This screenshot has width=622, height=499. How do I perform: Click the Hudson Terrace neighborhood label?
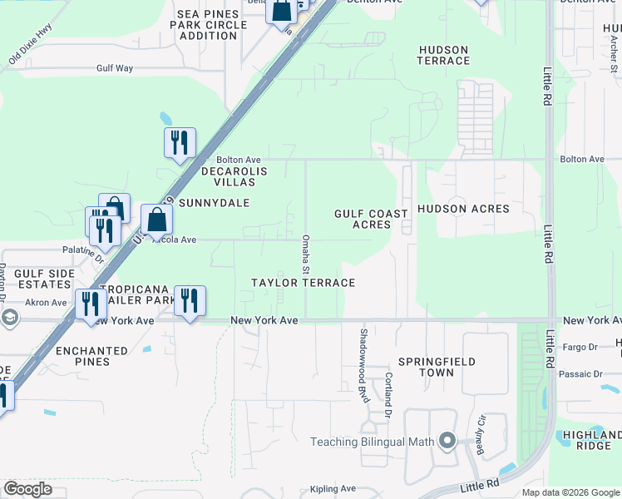(444, 55)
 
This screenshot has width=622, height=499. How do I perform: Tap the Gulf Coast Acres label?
(372, 220)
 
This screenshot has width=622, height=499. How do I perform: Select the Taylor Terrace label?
(304, 283)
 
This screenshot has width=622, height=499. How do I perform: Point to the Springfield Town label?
(437, 367)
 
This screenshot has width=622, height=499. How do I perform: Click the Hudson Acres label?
(463, 209)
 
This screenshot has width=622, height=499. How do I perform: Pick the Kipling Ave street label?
(333, 489)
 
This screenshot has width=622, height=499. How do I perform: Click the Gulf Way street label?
(115, 68)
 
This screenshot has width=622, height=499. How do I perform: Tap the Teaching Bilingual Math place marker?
(448, 441)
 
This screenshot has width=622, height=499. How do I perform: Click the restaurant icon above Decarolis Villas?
(180, 143)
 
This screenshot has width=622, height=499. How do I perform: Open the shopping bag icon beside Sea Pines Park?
(282, 12)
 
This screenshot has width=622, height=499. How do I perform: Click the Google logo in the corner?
(28, 489)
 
